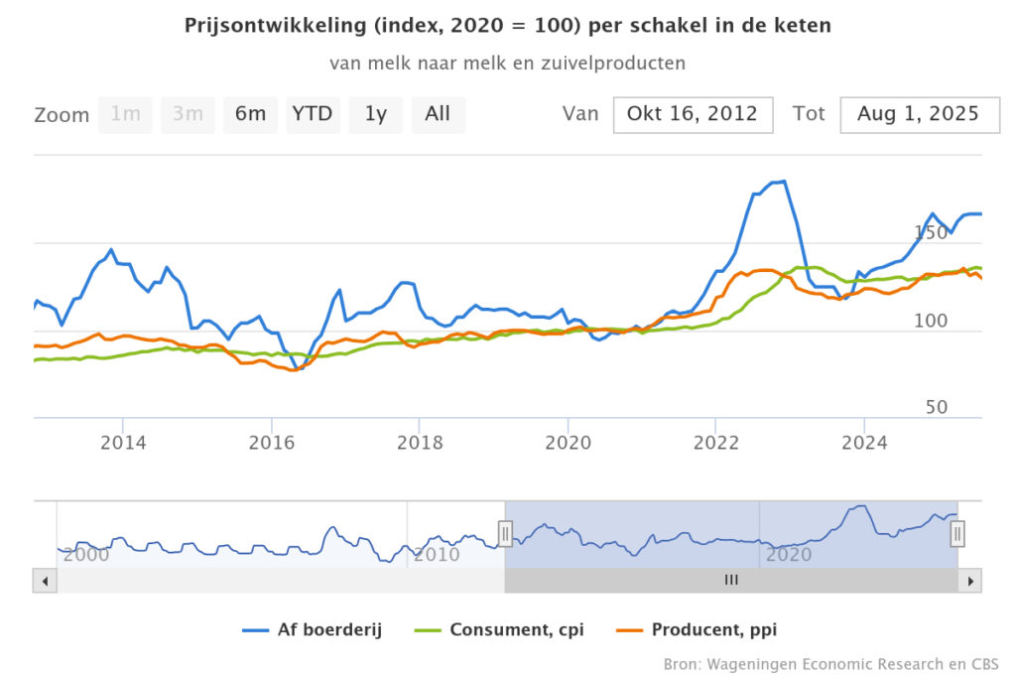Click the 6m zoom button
[250, 114]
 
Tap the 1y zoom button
[375, 114]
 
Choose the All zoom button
[438, 114]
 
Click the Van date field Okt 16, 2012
[693, 114]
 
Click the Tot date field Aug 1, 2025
[918, 114]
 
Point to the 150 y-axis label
[931, 233]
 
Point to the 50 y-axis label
[937, 408]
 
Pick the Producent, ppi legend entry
[708, 629]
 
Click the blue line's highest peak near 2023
[783, 182]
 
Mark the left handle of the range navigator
[505, 534]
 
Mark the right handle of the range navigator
[957, 534]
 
